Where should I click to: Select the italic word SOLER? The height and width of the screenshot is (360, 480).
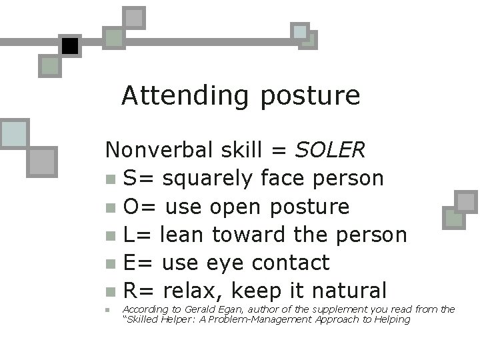pyautogui.click(x=330, y=150)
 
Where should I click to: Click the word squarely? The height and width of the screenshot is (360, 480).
pyautogui.click(x=207, y=179)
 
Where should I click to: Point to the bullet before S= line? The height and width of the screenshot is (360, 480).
pyautogui.click(x=110, y=179)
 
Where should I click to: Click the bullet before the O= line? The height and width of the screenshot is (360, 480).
pyautogui.click(x=110, y=207)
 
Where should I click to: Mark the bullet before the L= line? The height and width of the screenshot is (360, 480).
pyautogui.click(x=110, y=235)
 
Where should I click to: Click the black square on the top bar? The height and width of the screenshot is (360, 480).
pyautogui.click(x=69, y=46)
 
